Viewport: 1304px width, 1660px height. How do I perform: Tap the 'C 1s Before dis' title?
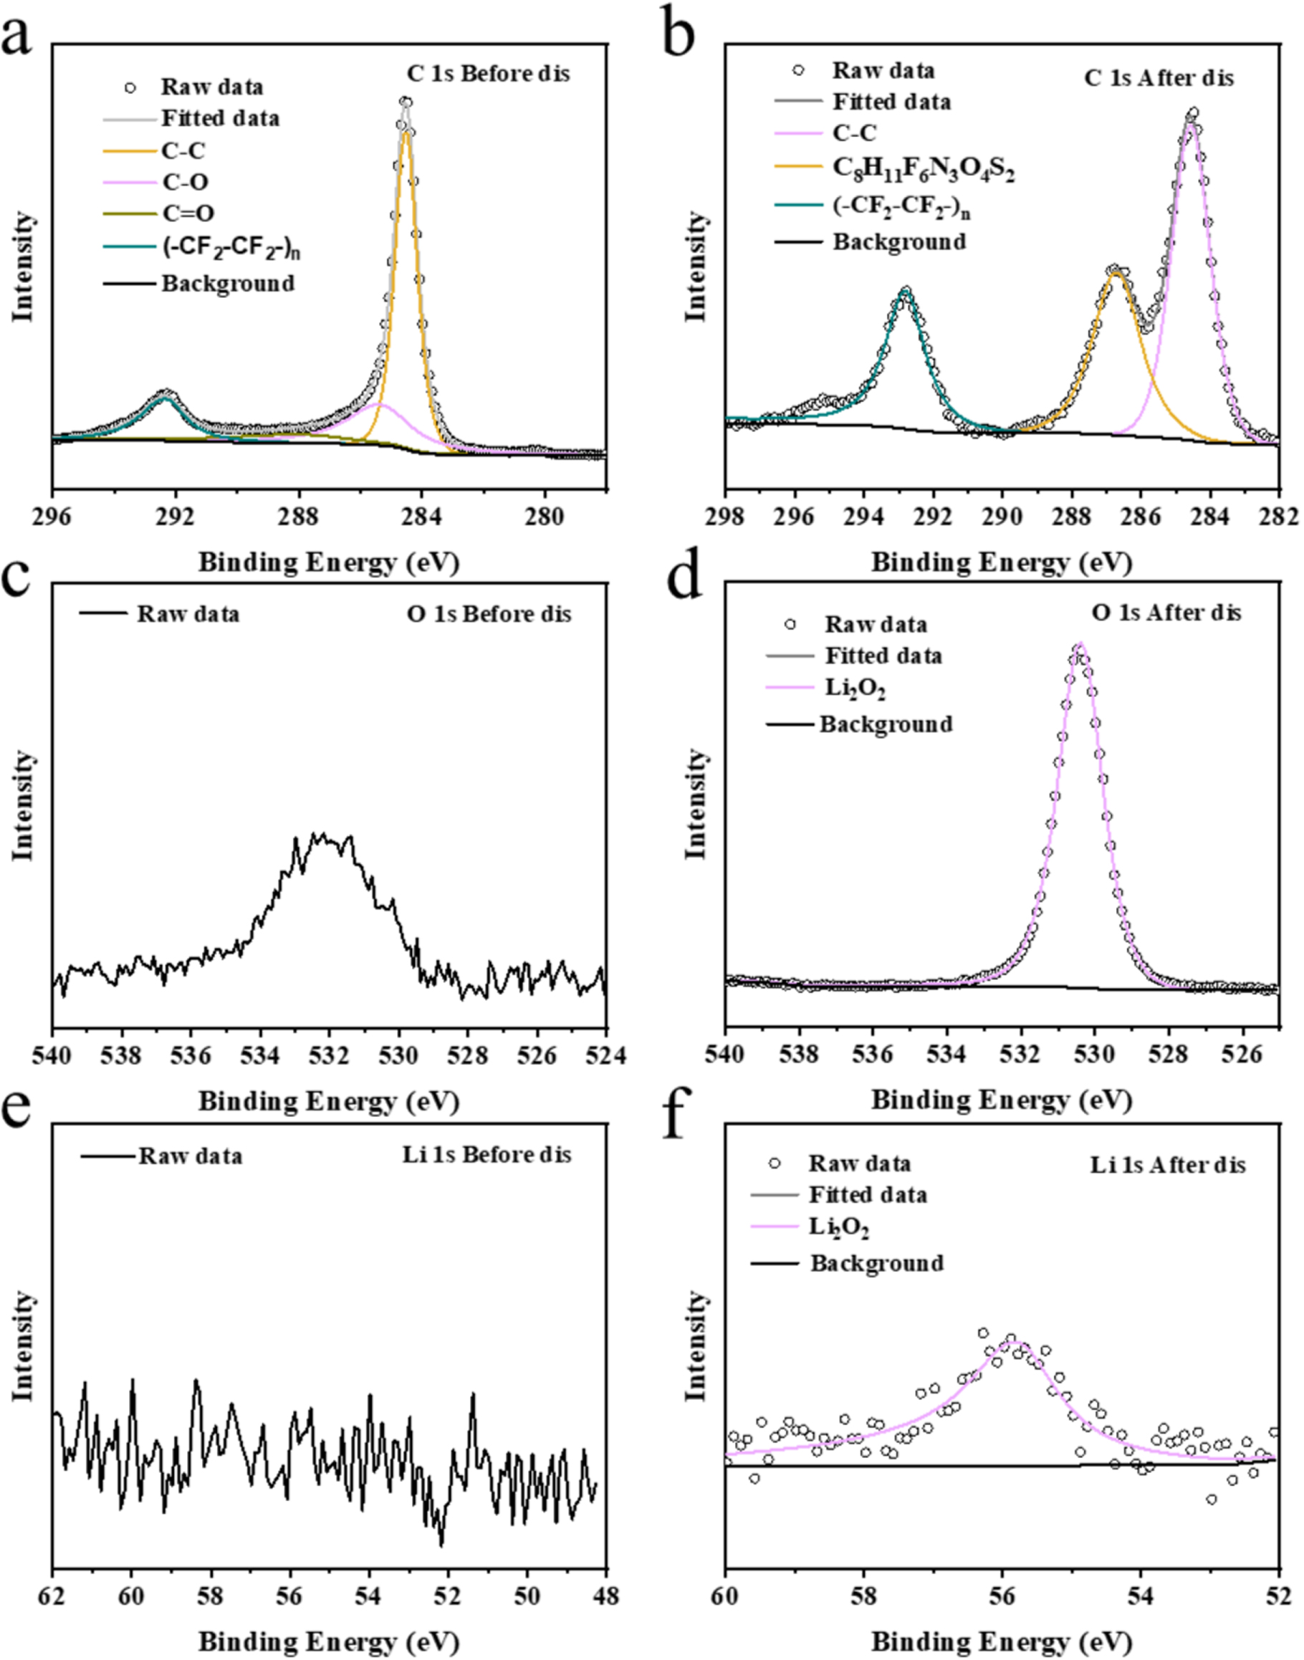(x=488, y=74)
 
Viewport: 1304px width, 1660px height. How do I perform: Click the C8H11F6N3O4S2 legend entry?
(x=923, y=171)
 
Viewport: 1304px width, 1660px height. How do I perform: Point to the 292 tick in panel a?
(x=176, y=517)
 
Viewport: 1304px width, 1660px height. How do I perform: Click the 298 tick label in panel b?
(x=726, y=517)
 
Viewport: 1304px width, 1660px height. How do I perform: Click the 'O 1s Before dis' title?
(x=489, y=615)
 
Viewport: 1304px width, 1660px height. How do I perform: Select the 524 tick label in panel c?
(x=607, y=1056)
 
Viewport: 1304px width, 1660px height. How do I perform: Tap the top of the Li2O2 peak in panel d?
(x=1079, y=645)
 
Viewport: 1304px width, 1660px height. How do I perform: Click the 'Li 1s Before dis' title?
(x=487, y=1155)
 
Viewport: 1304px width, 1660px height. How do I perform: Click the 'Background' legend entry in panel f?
(x=876, y=1263)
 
